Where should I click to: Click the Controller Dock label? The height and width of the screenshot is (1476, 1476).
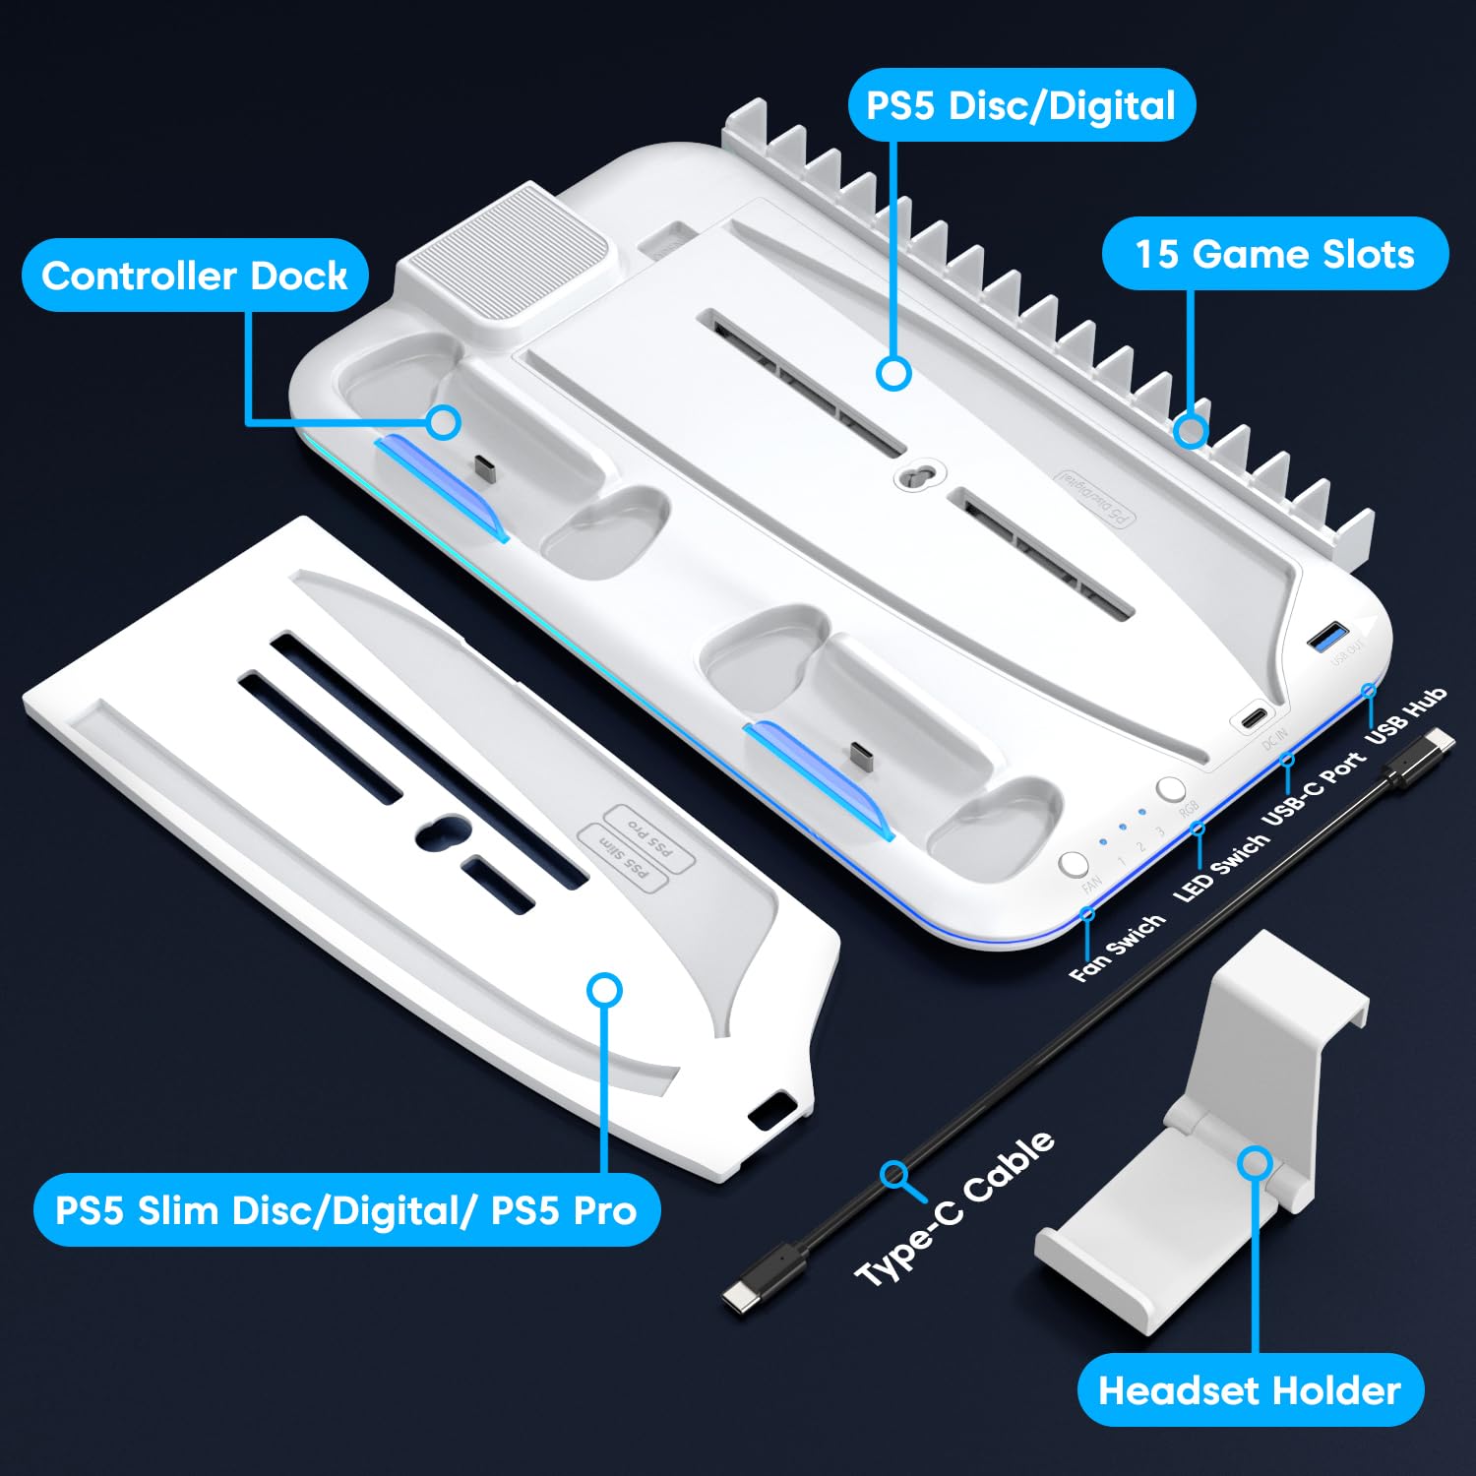(195, 276)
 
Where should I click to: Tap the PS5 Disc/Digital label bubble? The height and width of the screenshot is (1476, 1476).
(1021, 105)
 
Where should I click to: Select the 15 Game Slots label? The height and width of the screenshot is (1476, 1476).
(1274, 254)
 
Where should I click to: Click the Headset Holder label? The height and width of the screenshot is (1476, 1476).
(1250, 1390)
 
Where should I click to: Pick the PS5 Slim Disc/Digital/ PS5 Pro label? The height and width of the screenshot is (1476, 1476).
(346, 1209)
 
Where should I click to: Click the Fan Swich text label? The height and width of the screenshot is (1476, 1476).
(1117, 948)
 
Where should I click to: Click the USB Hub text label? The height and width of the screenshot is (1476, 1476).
(1406, 714)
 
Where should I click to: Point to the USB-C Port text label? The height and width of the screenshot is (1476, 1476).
(1314, 788)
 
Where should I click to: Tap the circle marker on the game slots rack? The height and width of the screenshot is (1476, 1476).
(1191, 430)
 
